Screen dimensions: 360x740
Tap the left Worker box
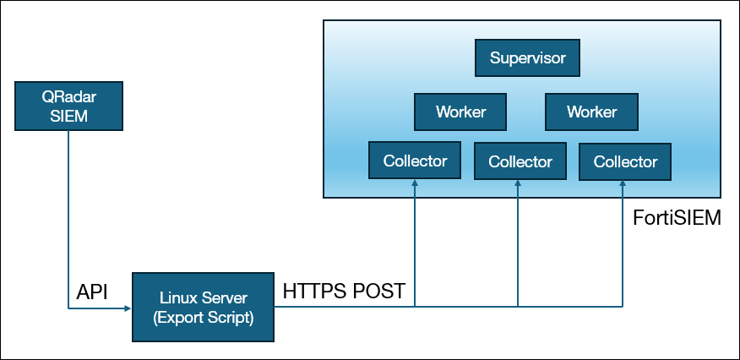click(460, 112)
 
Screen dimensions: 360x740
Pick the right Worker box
click(591, 112)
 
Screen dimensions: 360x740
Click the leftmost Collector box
click(415, 161)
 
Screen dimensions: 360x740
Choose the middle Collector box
click(520, 161)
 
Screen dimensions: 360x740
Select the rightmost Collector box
click(624, 161)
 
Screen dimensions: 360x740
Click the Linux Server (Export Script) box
click(204, 307)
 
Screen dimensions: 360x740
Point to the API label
click(93, 292)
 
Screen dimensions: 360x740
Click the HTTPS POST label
click(344, 292)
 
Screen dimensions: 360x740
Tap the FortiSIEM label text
click(677, 219)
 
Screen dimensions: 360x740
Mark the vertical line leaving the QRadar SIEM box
click(68, 220)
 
